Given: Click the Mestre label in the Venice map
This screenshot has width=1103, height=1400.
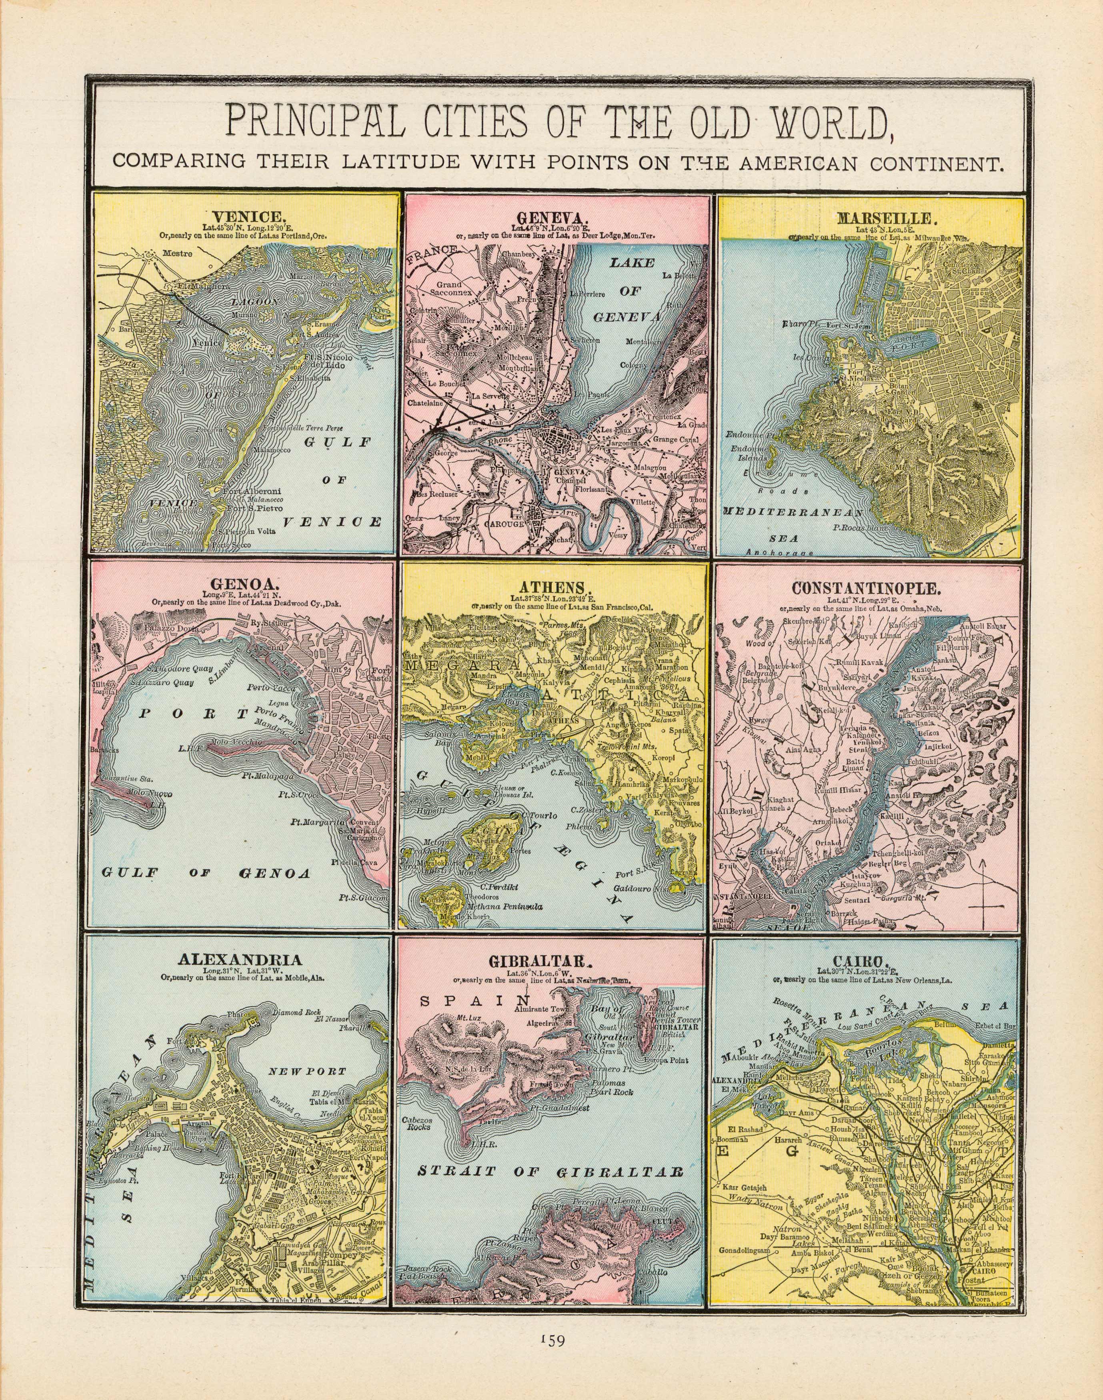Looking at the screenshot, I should coord(178,254).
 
